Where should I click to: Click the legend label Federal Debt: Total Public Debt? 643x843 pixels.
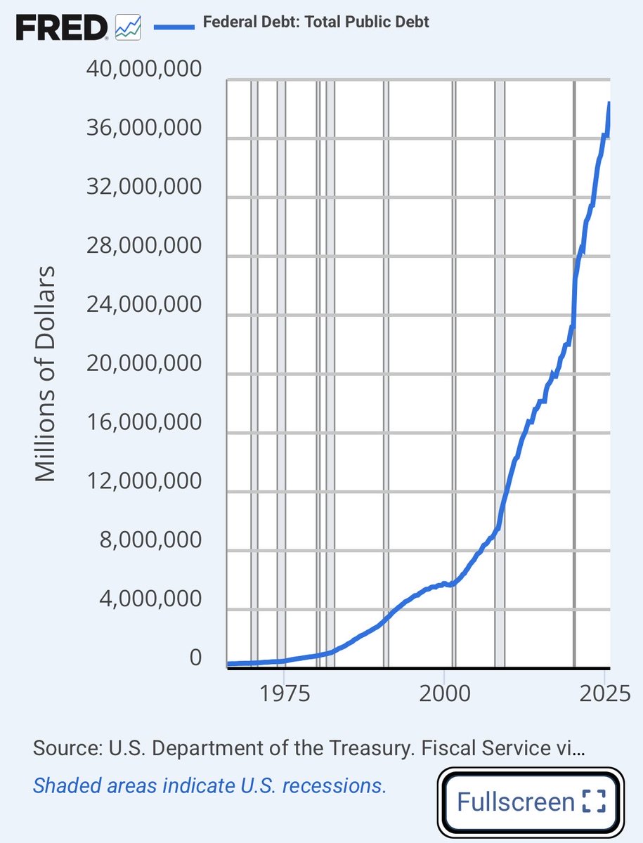point(316,22)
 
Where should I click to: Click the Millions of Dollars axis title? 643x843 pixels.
point(45,373)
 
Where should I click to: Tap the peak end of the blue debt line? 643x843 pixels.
point(609,104)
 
